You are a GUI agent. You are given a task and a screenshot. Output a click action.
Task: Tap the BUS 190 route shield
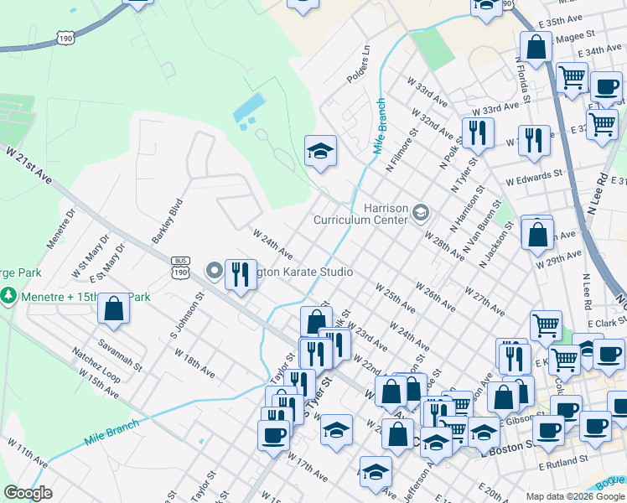[x=180, y=267]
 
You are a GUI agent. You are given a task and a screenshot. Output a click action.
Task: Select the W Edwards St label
[x=533, y=177]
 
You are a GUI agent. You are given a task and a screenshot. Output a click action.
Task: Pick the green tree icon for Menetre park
[x=8, y=296]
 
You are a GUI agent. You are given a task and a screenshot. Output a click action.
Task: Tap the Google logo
[x=28, y=493]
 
